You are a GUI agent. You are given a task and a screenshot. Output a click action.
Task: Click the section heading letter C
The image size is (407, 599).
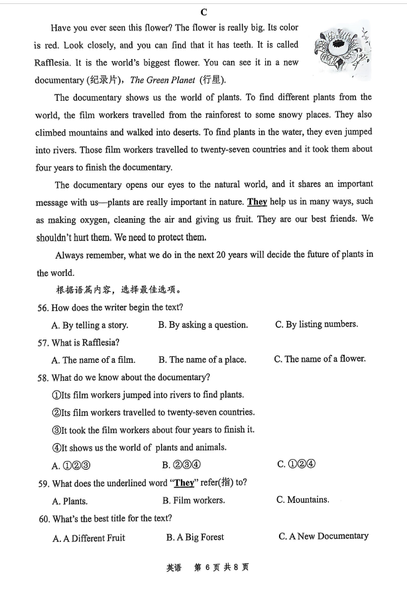[x=203, y=12]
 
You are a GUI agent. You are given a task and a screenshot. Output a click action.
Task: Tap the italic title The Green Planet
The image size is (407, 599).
[x=162, y=80]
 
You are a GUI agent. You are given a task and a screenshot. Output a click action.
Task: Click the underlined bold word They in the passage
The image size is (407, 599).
[x=257, y=202]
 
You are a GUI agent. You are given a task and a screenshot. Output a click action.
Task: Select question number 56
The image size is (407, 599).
[x=43, y=308]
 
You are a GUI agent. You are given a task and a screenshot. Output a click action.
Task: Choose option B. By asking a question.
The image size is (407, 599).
[x=203, y=325]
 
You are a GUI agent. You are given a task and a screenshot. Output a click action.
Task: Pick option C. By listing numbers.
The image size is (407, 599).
[x=316, y=324]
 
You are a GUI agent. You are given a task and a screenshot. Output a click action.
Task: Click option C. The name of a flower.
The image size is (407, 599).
[x=320, y=359]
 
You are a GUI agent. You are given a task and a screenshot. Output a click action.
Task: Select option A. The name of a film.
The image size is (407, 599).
[x=93, y=360]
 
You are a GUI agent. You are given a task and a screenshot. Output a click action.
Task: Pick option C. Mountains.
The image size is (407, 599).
[x=302, y=499]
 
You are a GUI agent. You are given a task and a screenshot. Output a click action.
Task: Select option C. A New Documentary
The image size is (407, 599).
[x=323, y=536]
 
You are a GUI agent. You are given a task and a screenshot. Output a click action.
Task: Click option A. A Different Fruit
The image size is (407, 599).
[x=89, y=538]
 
